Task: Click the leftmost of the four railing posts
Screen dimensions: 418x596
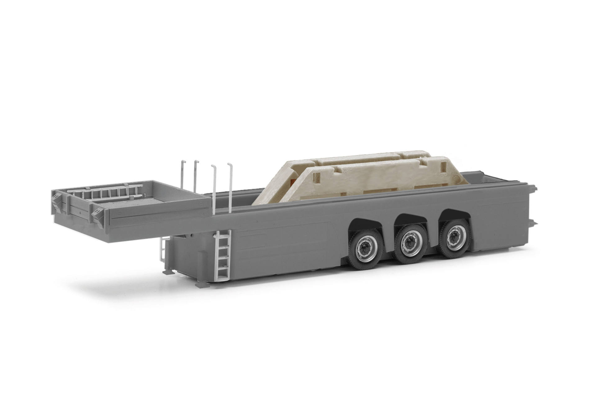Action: [x=183, y=177]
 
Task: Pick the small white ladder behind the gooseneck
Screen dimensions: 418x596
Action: [x=163, y=249]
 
